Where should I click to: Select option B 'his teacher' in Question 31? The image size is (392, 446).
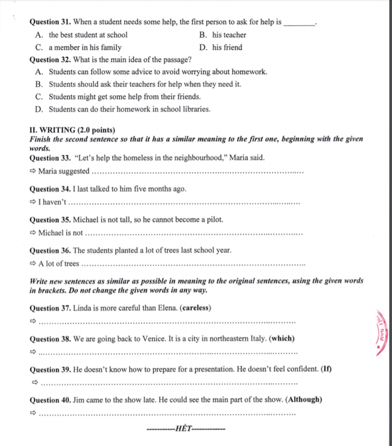(x=229, y=35)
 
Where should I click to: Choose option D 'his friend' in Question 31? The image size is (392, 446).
(x=227, y=48)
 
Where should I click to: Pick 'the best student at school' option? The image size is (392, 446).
(x=88, y=35)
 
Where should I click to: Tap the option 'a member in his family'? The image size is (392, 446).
(x=85, y=48)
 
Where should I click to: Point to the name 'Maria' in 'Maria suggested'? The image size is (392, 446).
(x=48, y=171)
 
